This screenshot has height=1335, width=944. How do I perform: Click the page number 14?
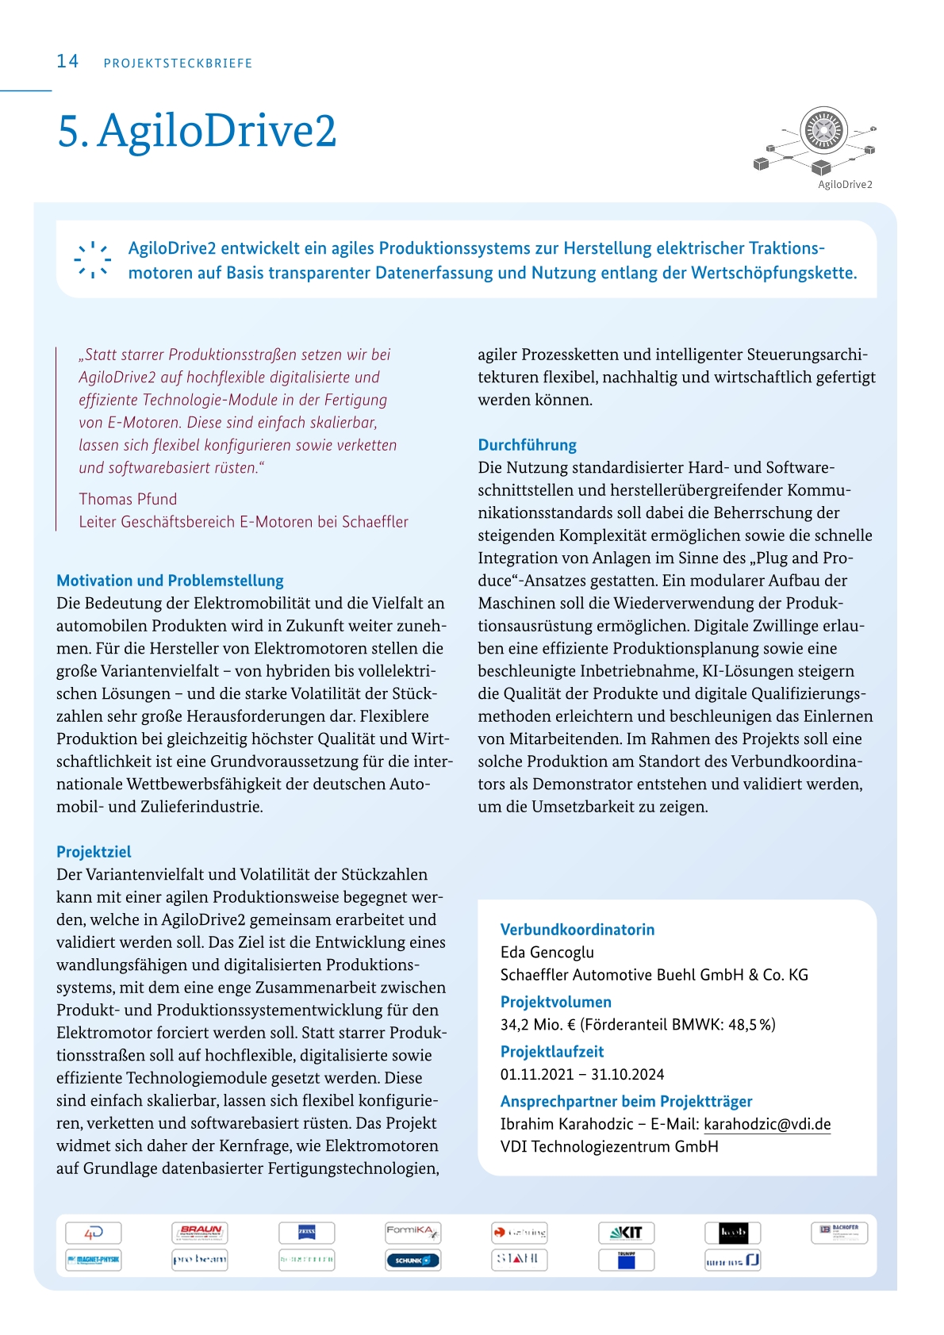coord(67,61)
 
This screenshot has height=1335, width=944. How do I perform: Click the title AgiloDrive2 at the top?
coord(197,131)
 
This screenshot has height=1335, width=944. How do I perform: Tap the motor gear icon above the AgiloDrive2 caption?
coord(823,130)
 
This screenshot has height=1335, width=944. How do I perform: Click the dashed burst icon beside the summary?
coord(93,259)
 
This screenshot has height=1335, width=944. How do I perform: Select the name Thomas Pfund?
coord(128,499)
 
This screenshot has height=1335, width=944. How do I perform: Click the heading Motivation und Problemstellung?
coord(170,581)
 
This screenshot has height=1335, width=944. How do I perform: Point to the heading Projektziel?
coord(94,852)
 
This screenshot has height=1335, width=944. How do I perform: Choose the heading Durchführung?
coord(527,445)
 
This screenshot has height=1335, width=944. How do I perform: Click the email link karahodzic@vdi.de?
coord(767,1124)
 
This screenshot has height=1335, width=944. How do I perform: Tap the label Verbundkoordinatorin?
coord(577,930)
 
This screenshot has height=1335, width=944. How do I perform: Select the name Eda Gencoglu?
coord(547,952)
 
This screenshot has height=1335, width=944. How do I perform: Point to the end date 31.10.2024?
coord(627,1074)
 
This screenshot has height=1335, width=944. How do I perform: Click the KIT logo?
coord(626,1233)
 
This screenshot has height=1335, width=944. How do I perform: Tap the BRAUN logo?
coord(200,1233)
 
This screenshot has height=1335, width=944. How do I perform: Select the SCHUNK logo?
coord(413,1260)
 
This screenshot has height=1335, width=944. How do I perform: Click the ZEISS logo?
coord(306,1233)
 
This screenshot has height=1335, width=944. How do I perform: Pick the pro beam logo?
coord(200,1260)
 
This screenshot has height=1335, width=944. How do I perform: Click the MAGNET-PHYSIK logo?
coord(94,1260)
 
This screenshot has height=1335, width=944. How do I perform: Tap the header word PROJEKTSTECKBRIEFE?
coord(178,63)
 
